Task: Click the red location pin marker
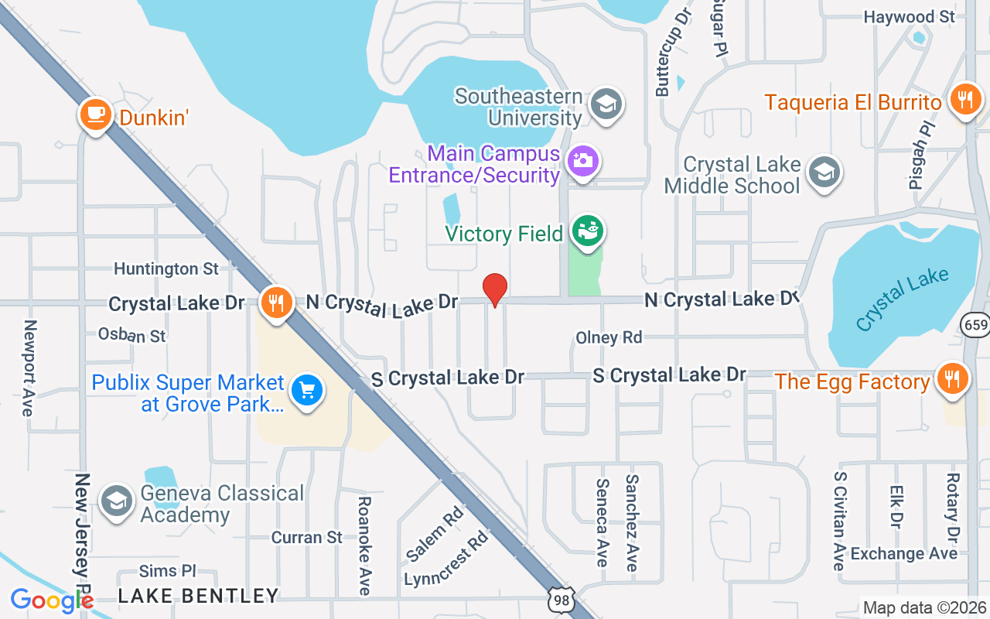point(495,289)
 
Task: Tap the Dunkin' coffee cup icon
point(95,115)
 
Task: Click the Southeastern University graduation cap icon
point(606,104)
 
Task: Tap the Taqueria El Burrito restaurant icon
point(964,100)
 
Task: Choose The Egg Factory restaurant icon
point(952,379)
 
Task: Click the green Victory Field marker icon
point(588,231)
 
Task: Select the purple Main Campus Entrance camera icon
point(583,161)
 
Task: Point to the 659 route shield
point(976,325)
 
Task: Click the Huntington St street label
point(166,268)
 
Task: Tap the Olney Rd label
point(609,337)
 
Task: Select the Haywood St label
point(910,16)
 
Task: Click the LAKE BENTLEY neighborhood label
point(198,595)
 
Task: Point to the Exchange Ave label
point(903,553)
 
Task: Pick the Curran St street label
point(306,537)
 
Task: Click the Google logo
point(52,601)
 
